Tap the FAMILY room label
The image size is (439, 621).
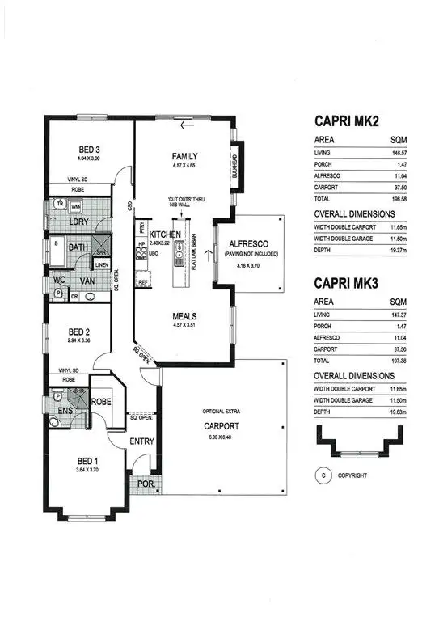184,156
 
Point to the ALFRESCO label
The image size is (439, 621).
247,243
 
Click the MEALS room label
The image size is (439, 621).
186,316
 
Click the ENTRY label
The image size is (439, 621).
142,441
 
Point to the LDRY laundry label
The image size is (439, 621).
79,221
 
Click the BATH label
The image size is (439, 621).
78,247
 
